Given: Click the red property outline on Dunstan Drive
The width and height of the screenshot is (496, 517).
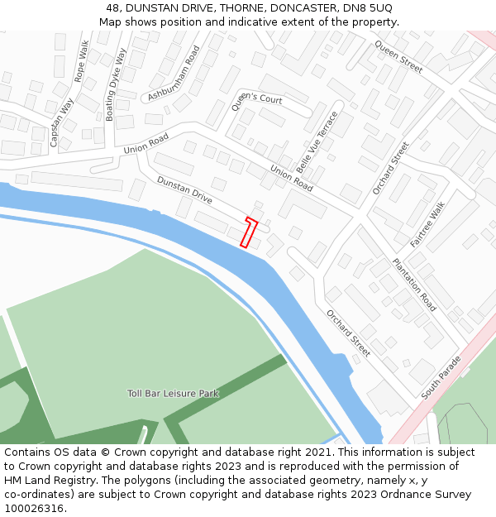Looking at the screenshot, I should [x=249, y=232].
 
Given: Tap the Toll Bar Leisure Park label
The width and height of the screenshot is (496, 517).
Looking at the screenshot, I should [x=173, y=393].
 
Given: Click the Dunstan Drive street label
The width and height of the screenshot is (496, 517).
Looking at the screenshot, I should [x=185, y=190].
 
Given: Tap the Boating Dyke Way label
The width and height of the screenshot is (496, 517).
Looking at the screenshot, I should [x=116, y=84].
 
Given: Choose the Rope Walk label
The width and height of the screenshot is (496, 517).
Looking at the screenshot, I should [x=81, y=60].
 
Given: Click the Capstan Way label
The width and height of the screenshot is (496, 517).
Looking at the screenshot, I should [x=61, y=122].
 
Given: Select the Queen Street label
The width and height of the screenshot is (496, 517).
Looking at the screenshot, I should [x=398, y=56].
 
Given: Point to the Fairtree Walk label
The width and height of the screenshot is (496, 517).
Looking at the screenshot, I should [x=427, y=224].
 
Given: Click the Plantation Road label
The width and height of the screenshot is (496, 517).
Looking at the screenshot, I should [x=414, y=285].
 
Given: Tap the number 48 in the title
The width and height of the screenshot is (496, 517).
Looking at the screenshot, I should [x=113, y=7].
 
